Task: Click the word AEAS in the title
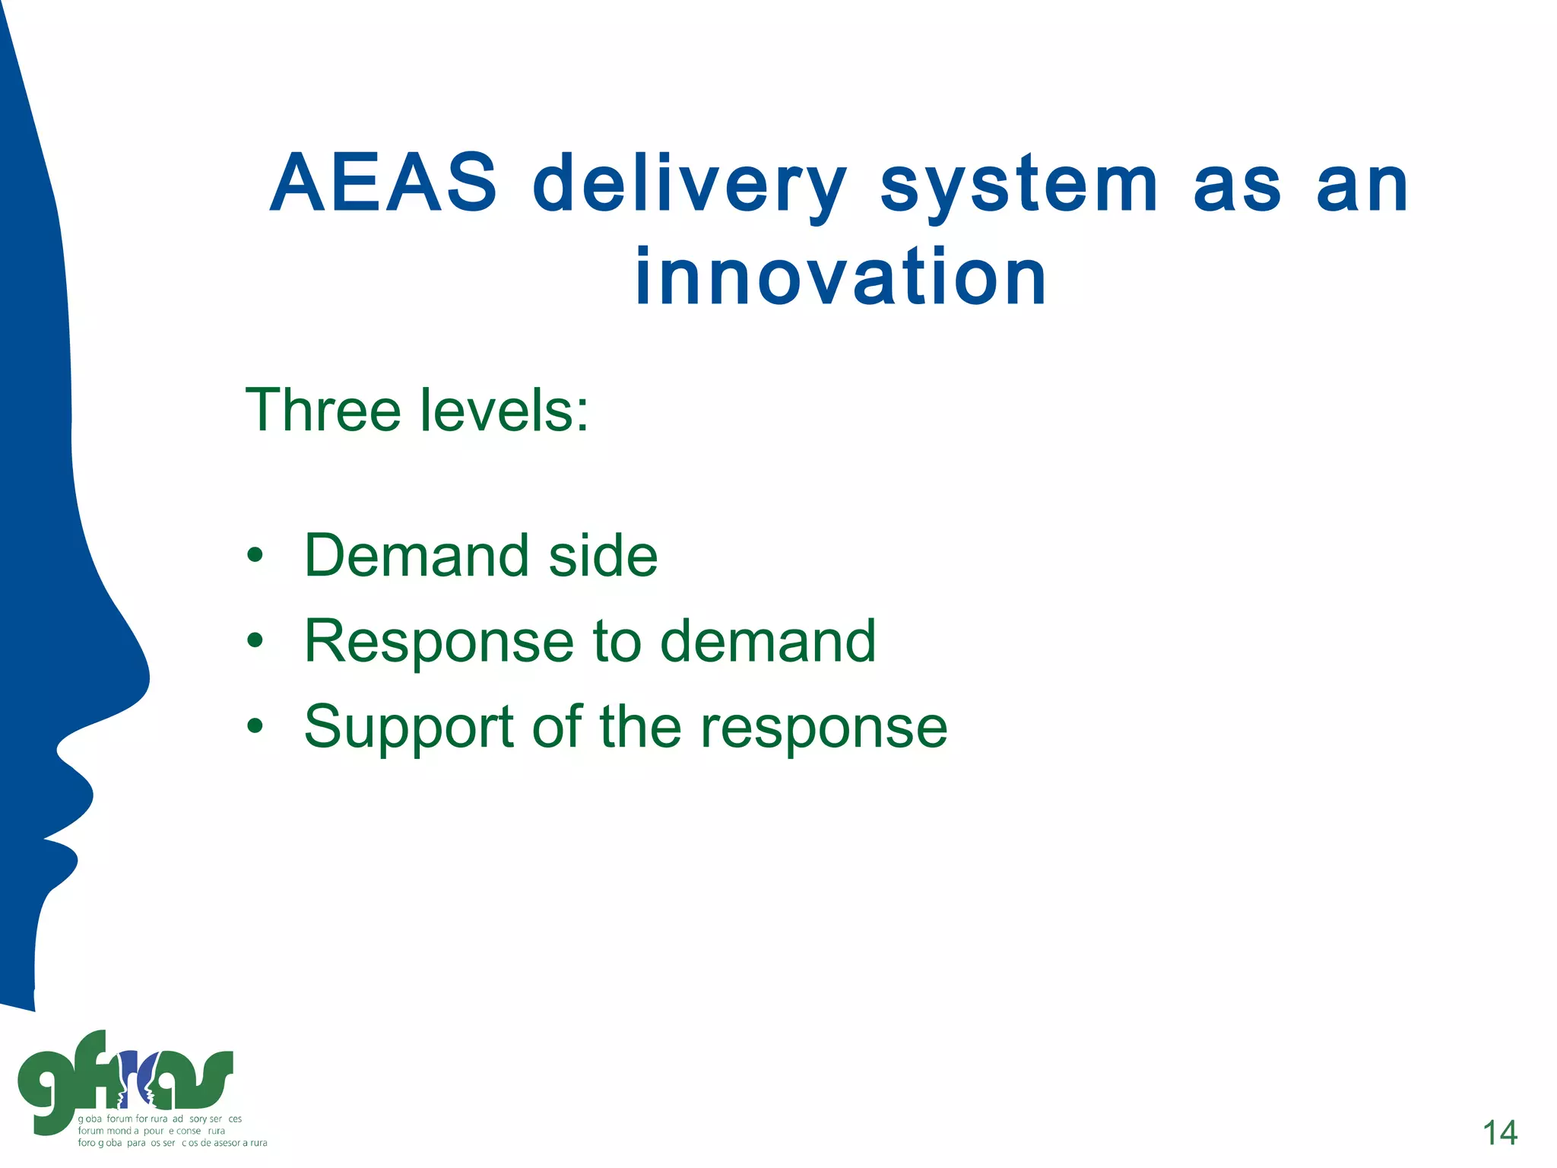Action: pyautogui.click(x=383, y=184)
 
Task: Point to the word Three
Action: pyautogui.click(x=323, y=411)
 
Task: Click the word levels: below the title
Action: pyautogui.click(x=504, y=411)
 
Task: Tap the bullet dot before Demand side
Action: pyautogui.click(x=255, y=556)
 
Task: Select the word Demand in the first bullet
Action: pyautogui.click(x=417, y=556)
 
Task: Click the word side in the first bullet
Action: pyautogui.click(x=603, y=556)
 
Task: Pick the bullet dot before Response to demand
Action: pyautogui.click(x=255, y=641)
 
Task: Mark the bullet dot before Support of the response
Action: pyautogui.click(x=255, y=727)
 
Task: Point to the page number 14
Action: pyautogui.click(x=1499, y=1133)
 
